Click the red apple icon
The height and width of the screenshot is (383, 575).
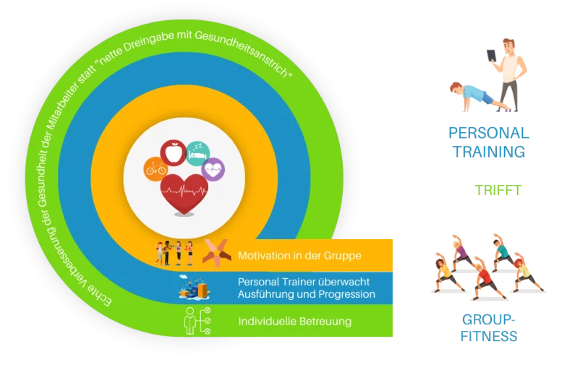(173, 152)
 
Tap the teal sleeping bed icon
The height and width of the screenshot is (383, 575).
(197, 153)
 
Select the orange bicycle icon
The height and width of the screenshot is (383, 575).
(156, 169)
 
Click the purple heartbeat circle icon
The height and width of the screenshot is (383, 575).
(213, 169)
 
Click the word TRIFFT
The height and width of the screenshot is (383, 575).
(498, 191)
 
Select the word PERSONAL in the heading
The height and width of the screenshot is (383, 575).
(489, 133)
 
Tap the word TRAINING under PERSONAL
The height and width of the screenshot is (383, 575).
(489, 152)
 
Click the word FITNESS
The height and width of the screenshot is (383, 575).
(489, 336)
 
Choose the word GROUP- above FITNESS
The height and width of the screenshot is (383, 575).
(489, 319)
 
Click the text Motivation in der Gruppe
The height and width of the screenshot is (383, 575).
(299, 256)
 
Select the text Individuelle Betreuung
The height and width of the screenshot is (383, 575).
(295, 322)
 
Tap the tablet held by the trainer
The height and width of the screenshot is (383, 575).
(491, 56)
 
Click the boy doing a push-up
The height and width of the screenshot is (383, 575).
(478, 96)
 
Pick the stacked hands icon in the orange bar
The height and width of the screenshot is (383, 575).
(217, 252)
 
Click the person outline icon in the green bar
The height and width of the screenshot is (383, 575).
(189, 321)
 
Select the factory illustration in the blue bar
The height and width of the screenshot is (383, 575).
(194, 288)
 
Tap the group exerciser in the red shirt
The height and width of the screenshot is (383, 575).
(486, 277)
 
